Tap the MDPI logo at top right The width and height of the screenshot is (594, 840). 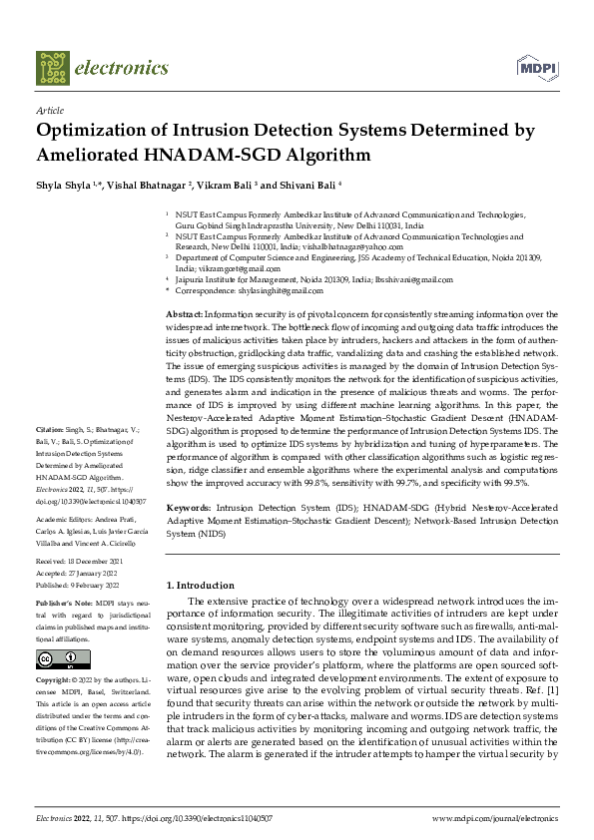coord(535,67)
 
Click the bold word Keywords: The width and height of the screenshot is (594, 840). coord(187,508)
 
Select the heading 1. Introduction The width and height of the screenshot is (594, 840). coord(201,586)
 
